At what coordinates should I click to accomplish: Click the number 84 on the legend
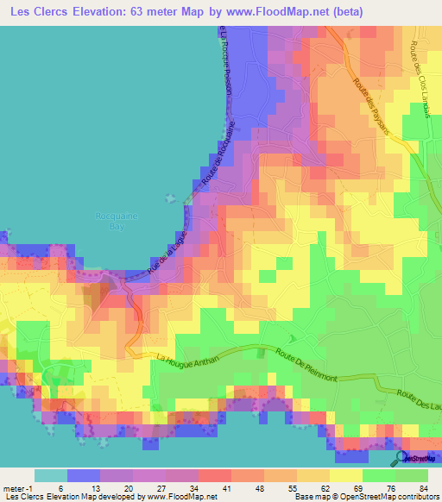[423, 487]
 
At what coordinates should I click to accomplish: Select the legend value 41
[204, 487]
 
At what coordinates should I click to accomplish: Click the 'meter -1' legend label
[18, 487]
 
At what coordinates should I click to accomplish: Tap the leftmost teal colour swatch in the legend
[50, 475]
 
